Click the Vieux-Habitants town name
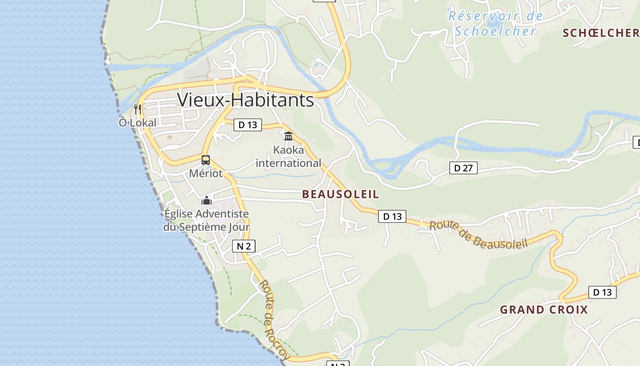pos(245,100)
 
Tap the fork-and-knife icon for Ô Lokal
pos(138,109)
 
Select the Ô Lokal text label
pos(138,123)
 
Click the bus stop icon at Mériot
pos(206,160)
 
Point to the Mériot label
pos(206,173)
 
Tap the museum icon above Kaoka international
pos(288,136)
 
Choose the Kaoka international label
pos(288,156)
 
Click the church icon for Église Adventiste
pos(207,200)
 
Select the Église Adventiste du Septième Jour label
pos(207,220)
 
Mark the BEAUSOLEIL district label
pos(341,194)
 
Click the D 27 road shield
pos(463,168)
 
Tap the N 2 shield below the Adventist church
pos(244,246)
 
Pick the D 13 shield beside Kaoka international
pos(248,124)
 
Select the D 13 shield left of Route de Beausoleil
pos(392,216)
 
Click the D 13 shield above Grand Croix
pos(602,292)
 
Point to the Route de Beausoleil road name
pos(479,234)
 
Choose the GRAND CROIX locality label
pos(544,310)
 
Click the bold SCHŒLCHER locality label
pos(601,33)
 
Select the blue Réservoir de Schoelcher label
pos(496,23)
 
